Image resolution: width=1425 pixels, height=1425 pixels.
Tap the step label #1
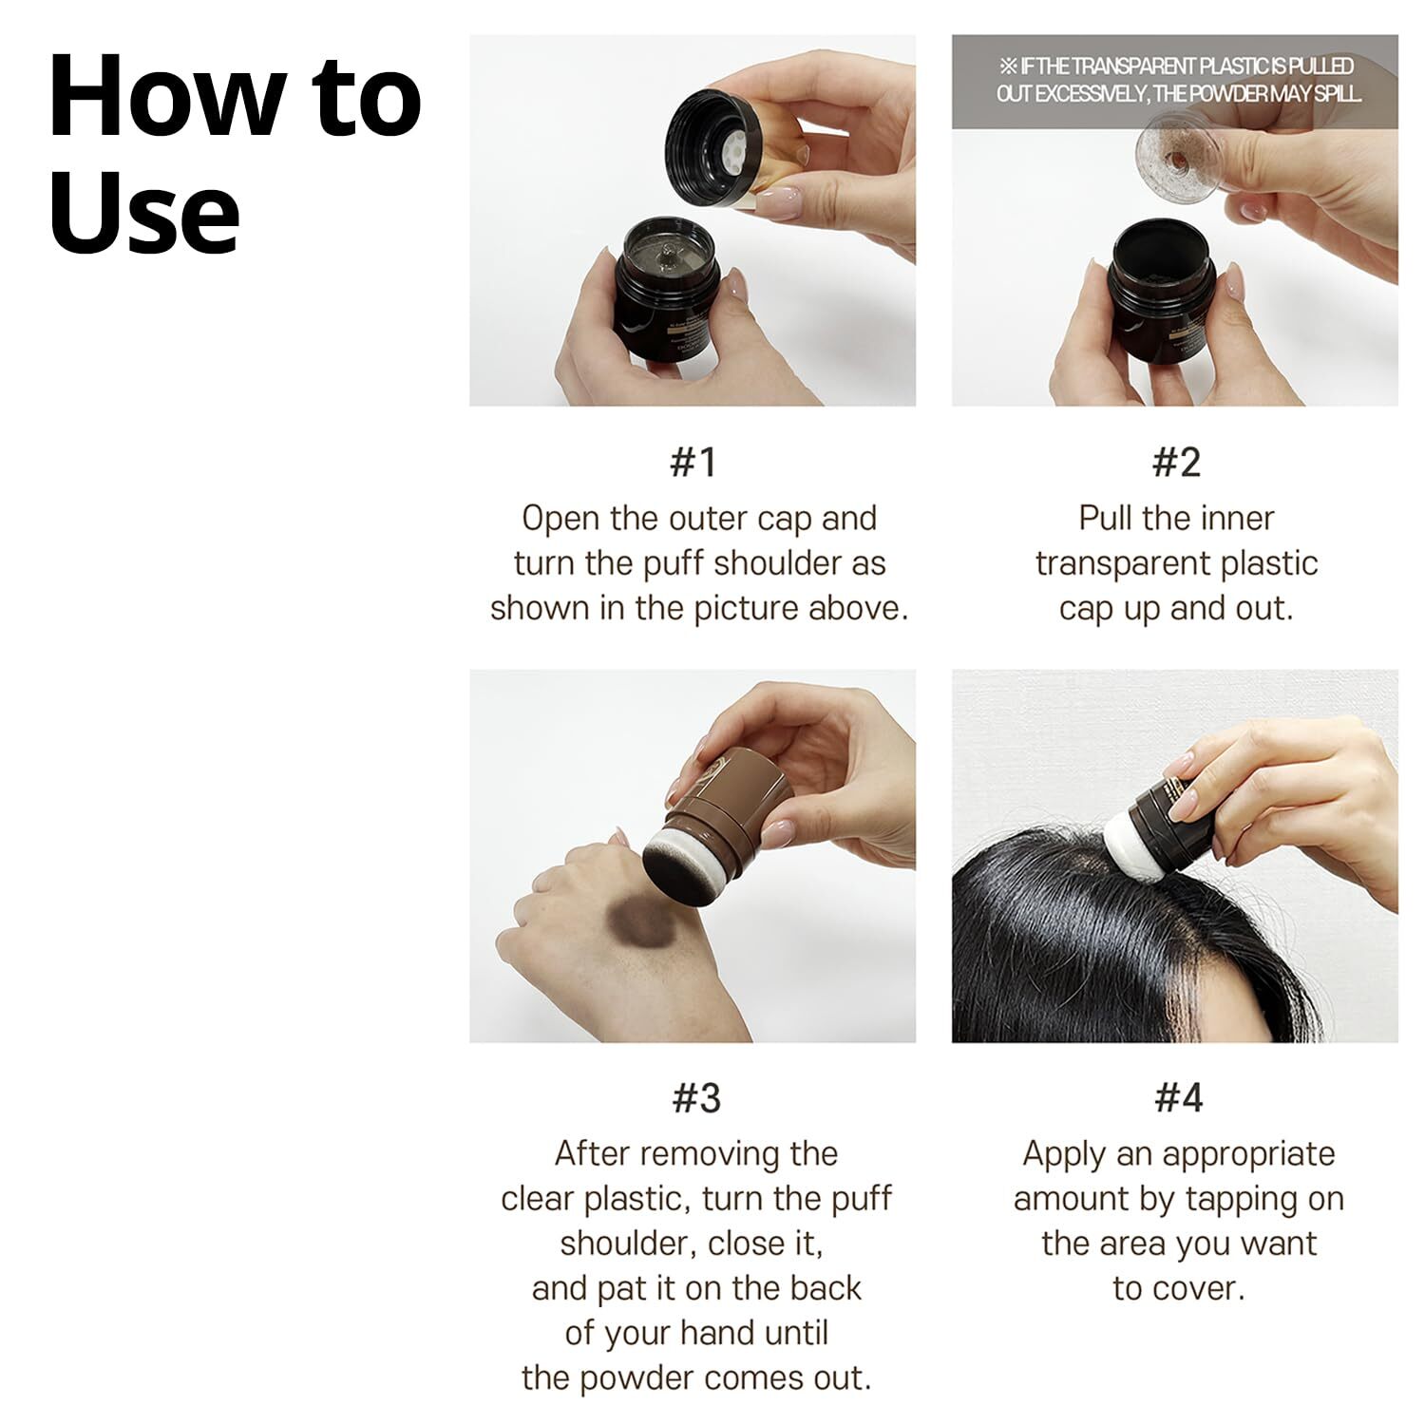(x=693, y=462)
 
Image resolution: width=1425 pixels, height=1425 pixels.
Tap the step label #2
(x=1176, y=462)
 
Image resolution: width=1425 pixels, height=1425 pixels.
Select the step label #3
(x=696, y=1097)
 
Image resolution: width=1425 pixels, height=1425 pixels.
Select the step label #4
(x=1179, y=1097)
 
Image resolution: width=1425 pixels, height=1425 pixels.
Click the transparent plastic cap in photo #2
(x=1181, y=153)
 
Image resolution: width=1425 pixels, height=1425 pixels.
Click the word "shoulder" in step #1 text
(x=778, y=563)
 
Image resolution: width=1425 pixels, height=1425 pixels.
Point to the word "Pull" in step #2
(x=1107, y=519)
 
